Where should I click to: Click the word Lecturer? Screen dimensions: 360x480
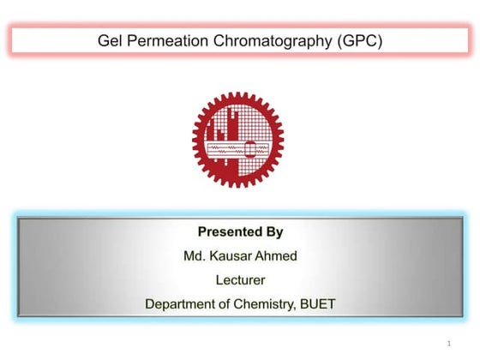click(x=240, y=279)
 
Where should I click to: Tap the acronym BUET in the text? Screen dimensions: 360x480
click(x=318, y=303)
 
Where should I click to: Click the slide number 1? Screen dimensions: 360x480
click(x=448, y=343)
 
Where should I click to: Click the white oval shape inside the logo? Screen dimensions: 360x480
click(x=251, y=149)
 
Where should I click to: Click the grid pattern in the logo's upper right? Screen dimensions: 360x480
click(x=256, y=120)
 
